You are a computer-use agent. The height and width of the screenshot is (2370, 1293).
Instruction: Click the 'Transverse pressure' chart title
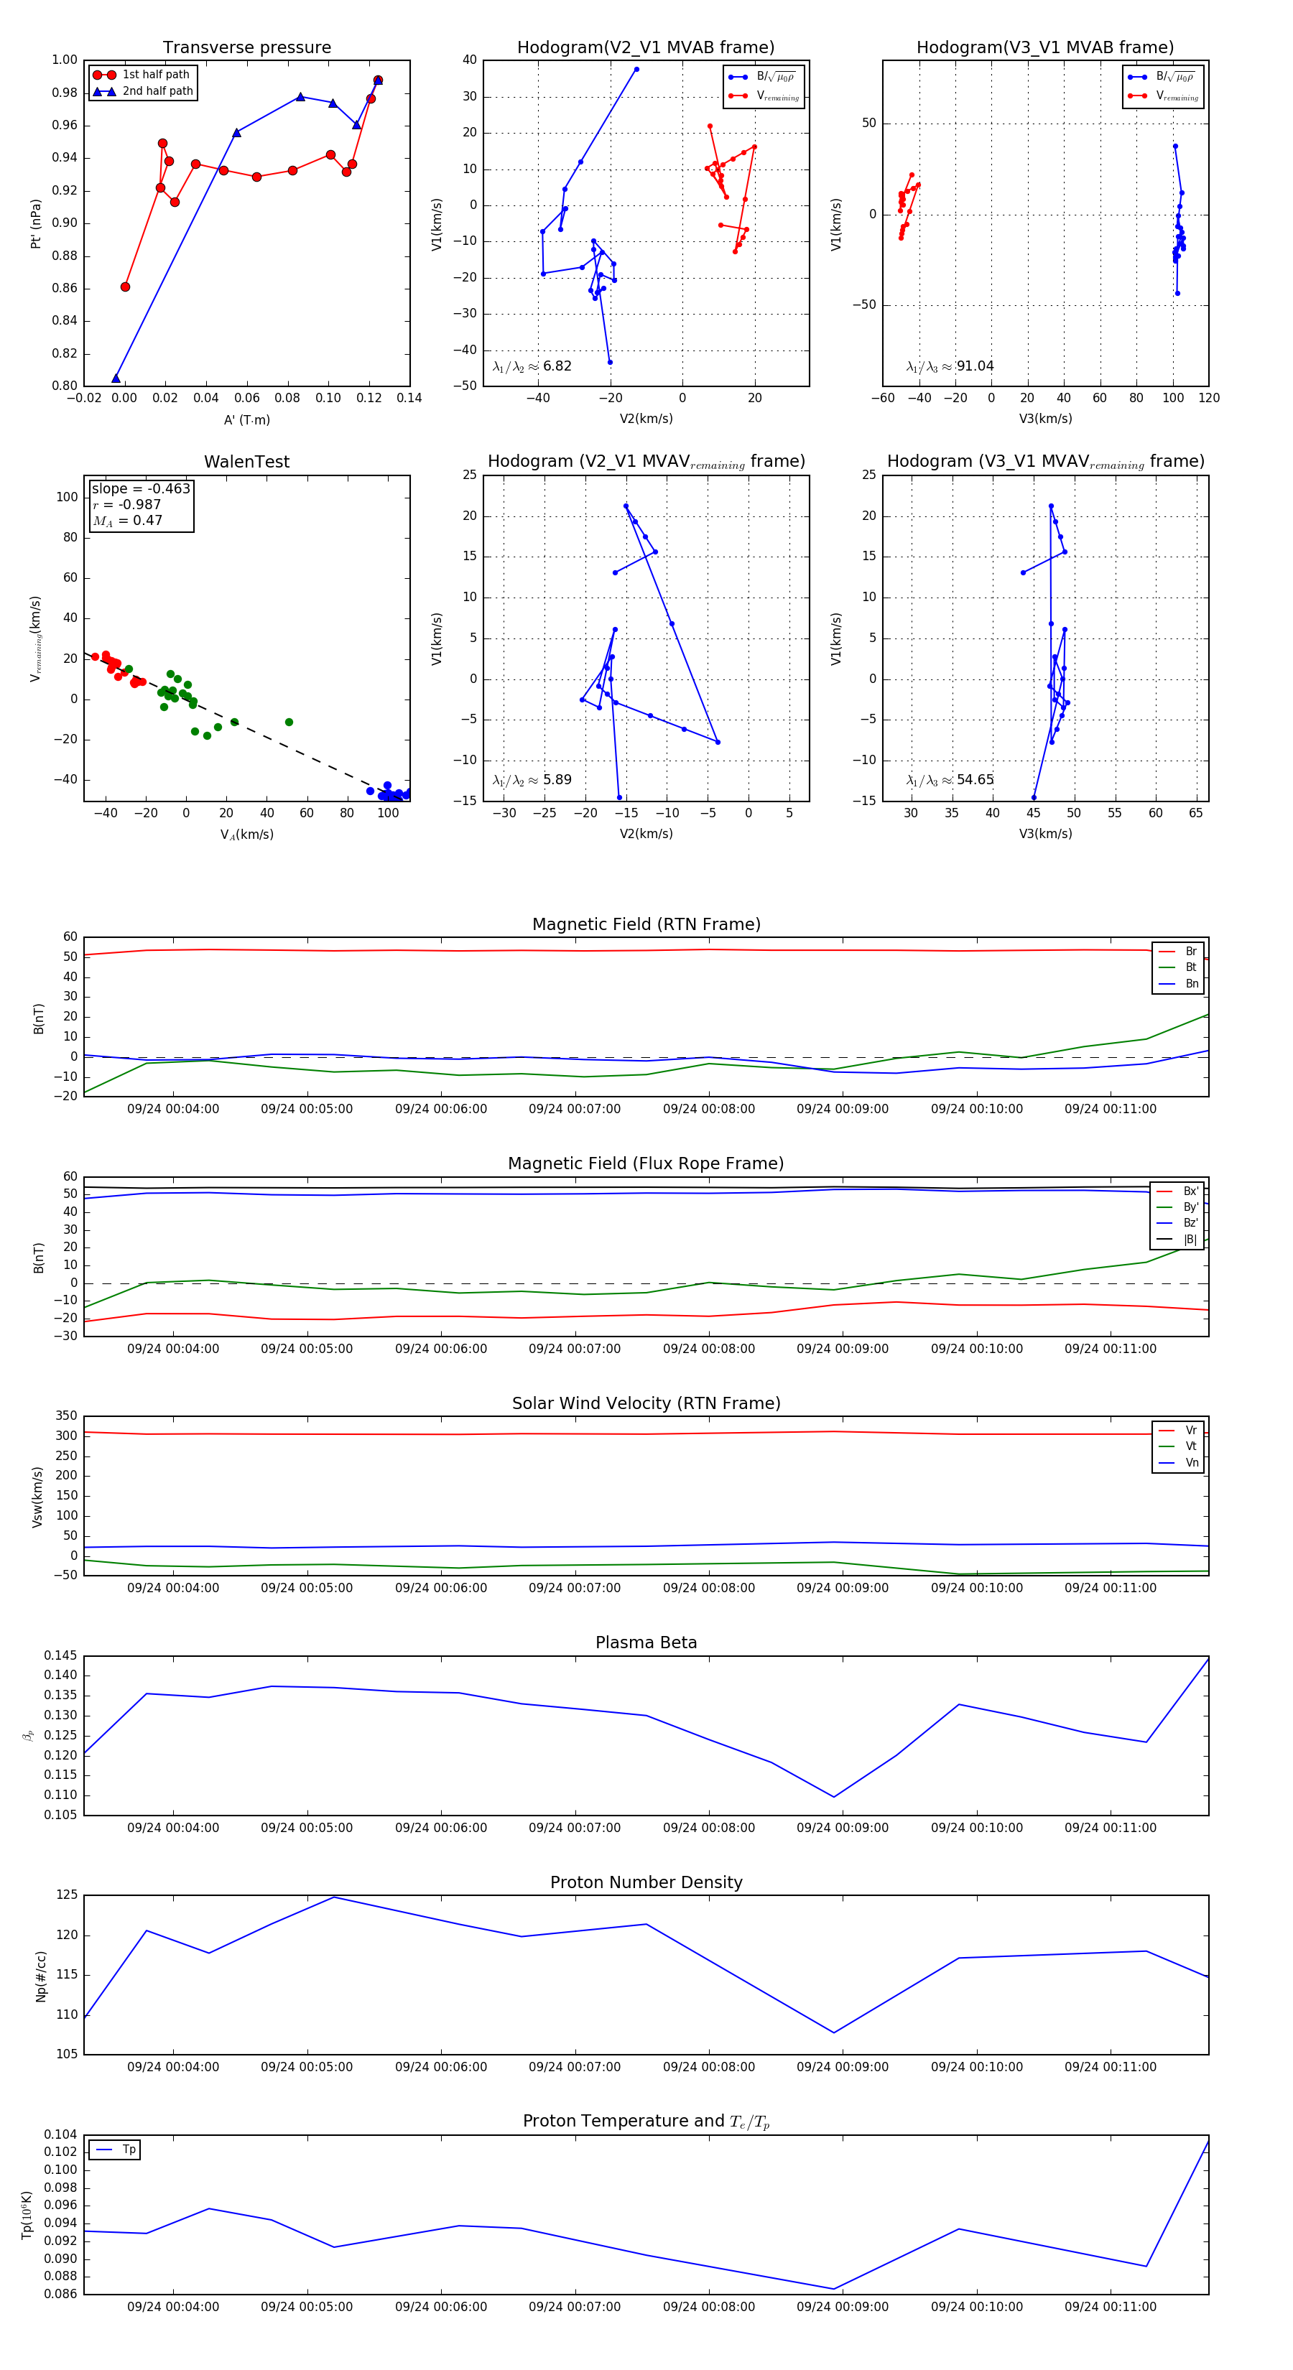pyautogui.click(x=246, y=48)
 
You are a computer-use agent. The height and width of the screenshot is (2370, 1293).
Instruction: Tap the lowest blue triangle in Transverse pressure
pyautogui.click(x=116, y=378)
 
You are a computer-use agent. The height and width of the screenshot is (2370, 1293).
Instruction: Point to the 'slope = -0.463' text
pyautogui.click(x=141, y=488)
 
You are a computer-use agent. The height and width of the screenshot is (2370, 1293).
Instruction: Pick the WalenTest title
pyautogui.click(x=246, y=462)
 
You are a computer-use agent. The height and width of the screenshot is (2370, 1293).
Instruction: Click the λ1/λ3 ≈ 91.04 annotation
pyautogui.click(x=950, y=366)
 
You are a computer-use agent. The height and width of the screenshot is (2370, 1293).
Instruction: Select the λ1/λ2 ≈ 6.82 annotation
pyautogui.click(x=532, y=366)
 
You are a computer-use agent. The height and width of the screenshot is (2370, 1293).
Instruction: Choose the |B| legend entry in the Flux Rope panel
pyautogui.click(x=1189, y=1240)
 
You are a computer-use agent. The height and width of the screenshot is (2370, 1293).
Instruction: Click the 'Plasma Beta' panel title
pyautogui.click(x=646, y=1642)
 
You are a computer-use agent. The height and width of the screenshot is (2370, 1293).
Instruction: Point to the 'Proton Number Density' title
pyautogui.click(x=646, y=1882)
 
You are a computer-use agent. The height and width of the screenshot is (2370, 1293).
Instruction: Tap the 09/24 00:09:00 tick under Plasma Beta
pyautogui.click(x=842, y=1827)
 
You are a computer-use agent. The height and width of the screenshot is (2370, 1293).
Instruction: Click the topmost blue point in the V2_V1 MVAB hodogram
pyautogui.click(x=636, y=69)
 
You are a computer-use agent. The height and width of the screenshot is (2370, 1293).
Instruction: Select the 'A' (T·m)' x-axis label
pyautogui.click(x=246, y=419)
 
